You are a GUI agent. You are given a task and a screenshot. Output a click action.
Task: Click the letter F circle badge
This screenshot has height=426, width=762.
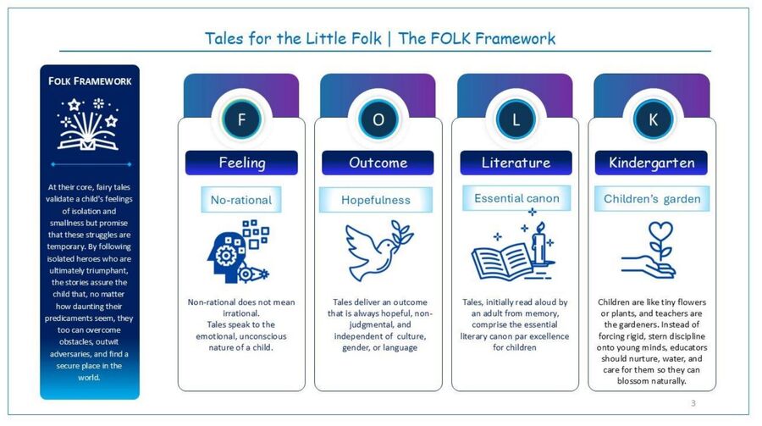pyautogui.click(x=241, y=119)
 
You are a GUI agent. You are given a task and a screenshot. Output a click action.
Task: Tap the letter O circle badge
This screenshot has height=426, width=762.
pyautogui.click(x=378, y=119)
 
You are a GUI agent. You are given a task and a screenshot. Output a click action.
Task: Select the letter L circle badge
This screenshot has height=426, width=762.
pyautogui.click(x=516, y=119)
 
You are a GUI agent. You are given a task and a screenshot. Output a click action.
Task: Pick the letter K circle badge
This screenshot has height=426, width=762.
pyautogui.click(x=653, y=119)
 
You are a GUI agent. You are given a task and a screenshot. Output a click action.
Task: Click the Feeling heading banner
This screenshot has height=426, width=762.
pyautogui.click(x=241, y=163)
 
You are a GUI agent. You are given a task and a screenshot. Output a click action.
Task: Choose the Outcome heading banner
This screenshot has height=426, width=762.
pyautogui.click(x=378, y=163)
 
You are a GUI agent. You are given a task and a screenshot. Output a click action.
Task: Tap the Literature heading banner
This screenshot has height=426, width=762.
pyautogui.click(x=516, y=163)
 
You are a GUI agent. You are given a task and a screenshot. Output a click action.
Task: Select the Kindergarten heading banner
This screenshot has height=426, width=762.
pyautogui.click(x=651, y=163)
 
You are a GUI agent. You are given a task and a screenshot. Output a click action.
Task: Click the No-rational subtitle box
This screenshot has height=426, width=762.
pyautogui.click(x=241, y=199)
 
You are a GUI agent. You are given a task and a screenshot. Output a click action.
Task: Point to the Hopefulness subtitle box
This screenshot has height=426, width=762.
pyautogui.click(x=376, y=200)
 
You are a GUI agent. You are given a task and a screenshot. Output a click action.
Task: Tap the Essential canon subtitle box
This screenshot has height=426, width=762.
pyautogui.click(x=516, y=198)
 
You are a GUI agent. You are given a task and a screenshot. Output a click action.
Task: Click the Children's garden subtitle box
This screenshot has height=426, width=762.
pyautogui.click(x=652, y=198)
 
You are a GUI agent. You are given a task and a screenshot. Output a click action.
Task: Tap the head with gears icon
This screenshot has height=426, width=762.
pyautogui.click(x=238, y=252)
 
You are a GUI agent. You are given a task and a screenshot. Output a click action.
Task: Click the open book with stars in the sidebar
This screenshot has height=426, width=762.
pyautogui.click(x=88, y=124)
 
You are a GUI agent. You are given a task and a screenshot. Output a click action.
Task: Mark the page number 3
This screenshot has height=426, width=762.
pyautogui.click(x=693, y=402)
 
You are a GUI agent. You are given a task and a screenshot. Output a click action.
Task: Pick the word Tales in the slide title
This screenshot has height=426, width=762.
pyautogui.click(x=224, y=38)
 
